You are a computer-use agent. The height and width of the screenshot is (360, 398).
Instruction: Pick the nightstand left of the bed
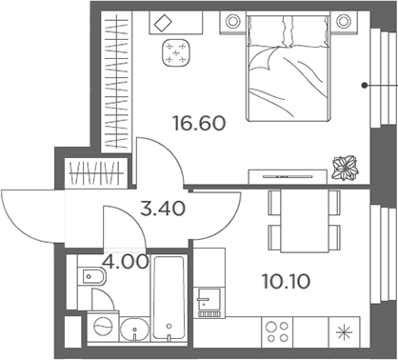coord(230,21)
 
